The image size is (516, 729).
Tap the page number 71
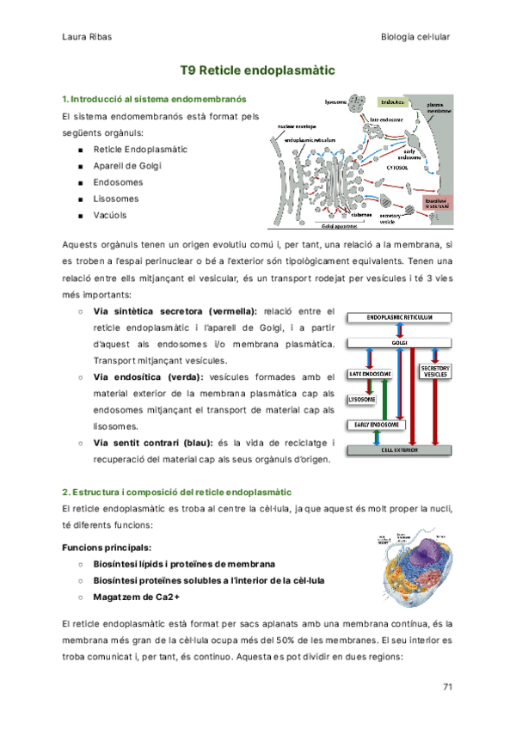(446, 686)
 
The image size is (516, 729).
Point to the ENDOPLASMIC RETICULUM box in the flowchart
(398, 317)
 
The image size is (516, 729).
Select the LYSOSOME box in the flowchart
(360, 400)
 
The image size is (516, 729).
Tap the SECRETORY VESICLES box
(434, 372)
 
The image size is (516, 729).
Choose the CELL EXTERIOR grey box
(398, 449)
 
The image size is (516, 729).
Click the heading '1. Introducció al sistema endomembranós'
(154, 100)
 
